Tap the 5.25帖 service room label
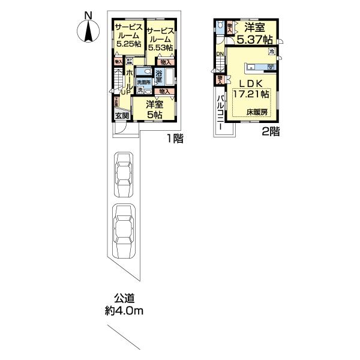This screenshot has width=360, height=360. pos(127,35)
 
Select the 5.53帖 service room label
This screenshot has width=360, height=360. pos(160,38)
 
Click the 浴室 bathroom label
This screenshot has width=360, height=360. pos(160,75)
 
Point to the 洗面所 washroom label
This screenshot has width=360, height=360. pos(143,82)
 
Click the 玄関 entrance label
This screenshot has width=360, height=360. pos(122,116)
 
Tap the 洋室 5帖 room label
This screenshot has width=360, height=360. pos(155,109)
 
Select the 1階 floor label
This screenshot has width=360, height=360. pos(175,139)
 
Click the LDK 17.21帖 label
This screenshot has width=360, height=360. pos(255,89)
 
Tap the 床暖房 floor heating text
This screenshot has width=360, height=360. pos(256,112)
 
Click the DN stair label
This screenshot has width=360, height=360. pos(220,55)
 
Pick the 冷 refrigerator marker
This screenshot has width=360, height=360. pos(271,53)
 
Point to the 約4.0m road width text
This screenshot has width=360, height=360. pos(124,311)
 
